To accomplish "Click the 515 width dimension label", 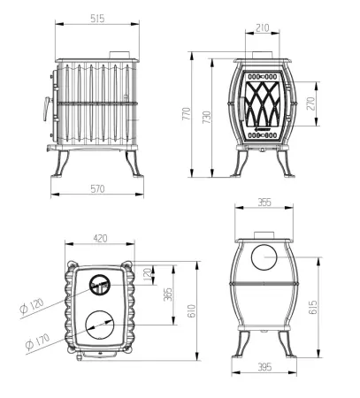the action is click(97, 19).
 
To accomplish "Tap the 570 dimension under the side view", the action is click(97, 188).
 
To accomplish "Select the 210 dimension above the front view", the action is click(263, 28).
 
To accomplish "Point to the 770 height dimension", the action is click(187, 113).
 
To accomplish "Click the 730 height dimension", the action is click(207, 117).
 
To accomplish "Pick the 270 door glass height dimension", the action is click(310, 103).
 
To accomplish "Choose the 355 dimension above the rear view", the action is click(264, 203).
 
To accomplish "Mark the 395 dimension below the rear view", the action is click(264, 367).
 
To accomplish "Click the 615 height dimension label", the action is click(312, 308).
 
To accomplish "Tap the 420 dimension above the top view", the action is click(100, 238).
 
